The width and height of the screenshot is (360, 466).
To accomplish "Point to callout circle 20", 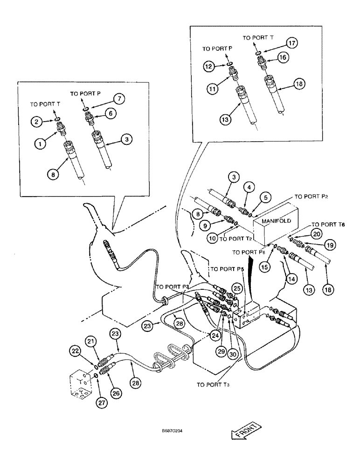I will click(x=317, y=233).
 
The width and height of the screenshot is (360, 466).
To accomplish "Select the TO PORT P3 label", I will click(x=173, y=287).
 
